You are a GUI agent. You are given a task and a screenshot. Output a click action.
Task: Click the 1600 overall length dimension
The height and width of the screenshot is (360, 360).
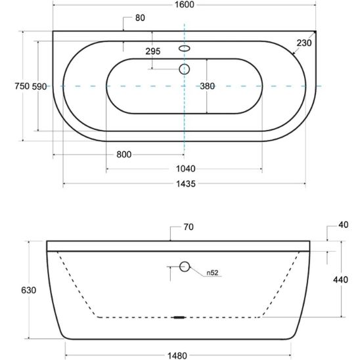click(185, 5)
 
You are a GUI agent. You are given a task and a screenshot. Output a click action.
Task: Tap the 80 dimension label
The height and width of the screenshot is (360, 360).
click(140, 18)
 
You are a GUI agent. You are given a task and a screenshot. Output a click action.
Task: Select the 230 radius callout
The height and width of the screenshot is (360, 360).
click(304, 43)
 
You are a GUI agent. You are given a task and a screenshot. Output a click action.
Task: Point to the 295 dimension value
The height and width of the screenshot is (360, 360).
click(153, 51)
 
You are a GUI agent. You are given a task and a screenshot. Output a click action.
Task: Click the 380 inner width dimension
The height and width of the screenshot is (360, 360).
click(208, 86)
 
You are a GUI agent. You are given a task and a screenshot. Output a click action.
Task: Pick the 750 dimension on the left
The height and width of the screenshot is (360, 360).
click(22, 86)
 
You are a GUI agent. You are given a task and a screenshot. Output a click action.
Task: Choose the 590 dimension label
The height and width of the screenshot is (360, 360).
click(39, 87)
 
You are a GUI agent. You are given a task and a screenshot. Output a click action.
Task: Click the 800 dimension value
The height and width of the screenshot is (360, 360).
click(124, 154)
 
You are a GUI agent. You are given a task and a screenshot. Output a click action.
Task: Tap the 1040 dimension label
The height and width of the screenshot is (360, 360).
click(186, 169)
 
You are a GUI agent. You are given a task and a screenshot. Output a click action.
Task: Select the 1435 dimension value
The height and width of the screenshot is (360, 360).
click(186, 184)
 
